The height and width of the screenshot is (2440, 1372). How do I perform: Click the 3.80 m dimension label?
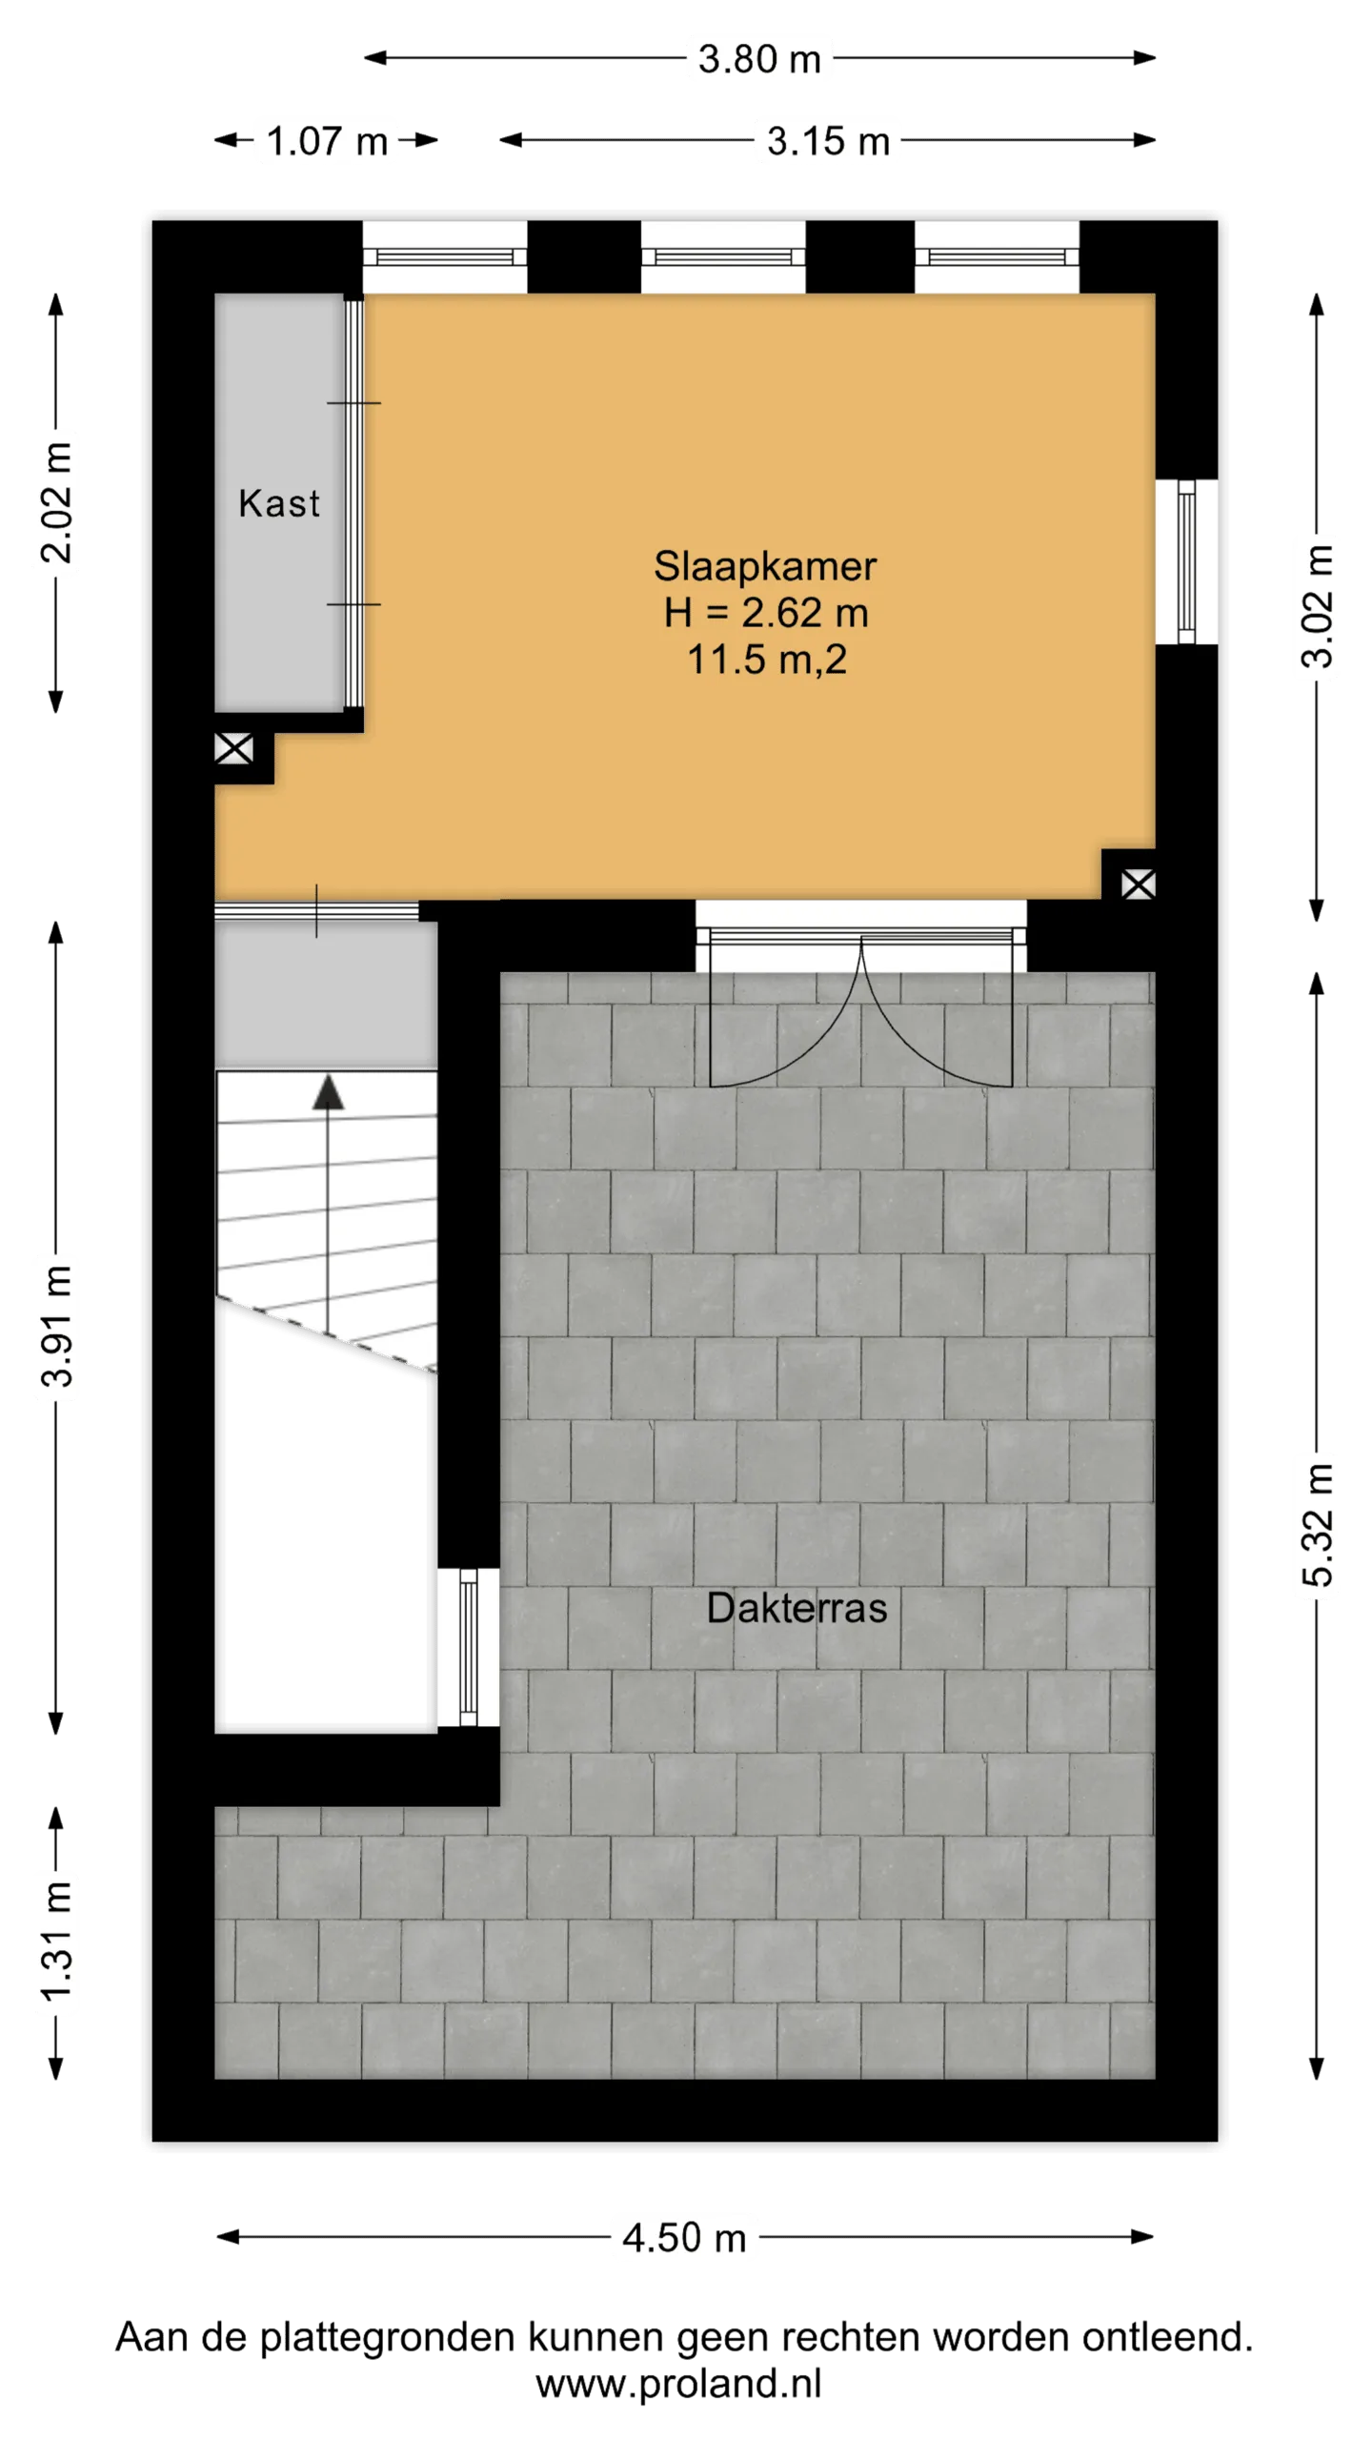759,59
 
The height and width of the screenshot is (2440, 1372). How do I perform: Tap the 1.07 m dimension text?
327,141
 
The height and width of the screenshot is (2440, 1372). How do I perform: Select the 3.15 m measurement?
828,141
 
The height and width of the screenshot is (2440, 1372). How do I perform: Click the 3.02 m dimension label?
1318,606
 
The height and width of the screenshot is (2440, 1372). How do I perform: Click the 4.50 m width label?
684,2238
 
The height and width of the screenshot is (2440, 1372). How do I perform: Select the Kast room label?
278,503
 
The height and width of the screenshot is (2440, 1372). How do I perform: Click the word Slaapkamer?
765,566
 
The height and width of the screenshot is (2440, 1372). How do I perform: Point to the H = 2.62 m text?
766,613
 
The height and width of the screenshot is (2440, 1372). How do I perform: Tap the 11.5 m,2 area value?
767,660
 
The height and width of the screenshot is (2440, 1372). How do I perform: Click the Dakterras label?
797,1608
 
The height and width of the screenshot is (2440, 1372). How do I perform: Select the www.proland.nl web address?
678,2383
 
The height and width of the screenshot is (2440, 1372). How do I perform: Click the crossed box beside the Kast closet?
233,748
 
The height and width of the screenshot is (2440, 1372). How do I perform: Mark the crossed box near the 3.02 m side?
1139,884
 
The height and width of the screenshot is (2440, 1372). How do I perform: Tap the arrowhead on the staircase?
328,1092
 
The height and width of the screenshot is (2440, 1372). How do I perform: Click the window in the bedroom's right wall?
1186,561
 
